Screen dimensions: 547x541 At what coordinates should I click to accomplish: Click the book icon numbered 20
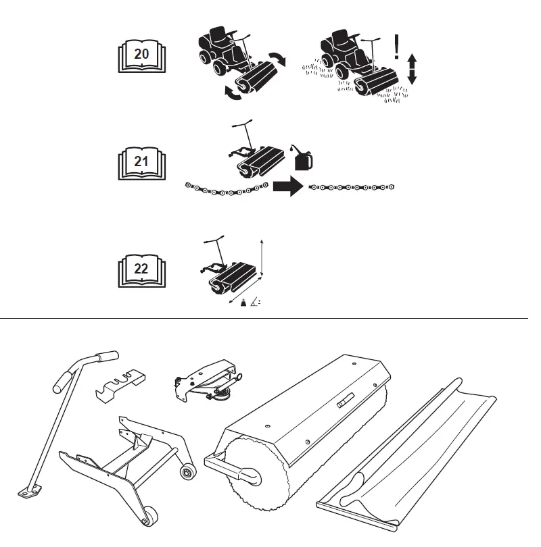141,55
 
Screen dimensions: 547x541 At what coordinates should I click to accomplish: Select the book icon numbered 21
141,163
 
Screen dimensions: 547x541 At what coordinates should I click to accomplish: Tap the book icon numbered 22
141,269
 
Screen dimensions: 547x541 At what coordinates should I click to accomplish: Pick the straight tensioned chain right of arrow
351,187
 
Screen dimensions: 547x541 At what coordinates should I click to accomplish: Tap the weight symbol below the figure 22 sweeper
244,307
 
